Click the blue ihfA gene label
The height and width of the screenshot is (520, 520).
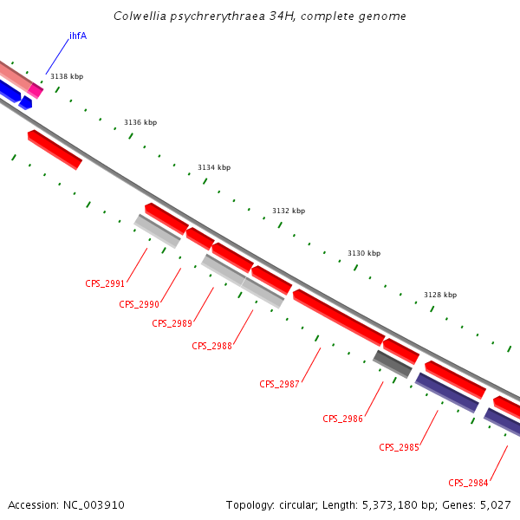click(x=78, y=36)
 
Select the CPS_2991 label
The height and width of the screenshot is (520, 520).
click(x=105, y=283)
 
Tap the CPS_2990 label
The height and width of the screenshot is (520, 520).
click(x=140, y=304)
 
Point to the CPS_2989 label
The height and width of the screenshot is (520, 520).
click(x=172, y=323)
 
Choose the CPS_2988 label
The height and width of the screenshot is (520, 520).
click(x=212, y=346)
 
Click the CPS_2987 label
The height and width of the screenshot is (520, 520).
click(x=279, y=384)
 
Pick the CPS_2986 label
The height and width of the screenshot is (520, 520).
click(x=343, y=419)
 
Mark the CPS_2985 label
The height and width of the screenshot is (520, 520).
click(x=399, y=447)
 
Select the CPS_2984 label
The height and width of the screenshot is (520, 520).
click(x=468, y=483)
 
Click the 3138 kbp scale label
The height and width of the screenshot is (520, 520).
click(x=67, y=77)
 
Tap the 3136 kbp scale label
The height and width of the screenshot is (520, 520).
click(x=140, y=122)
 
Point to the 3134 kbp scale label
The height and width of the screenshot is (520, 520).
click(x=214, y=167)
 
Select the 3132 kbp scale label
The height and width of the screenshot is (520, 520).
click(x=289, y=211)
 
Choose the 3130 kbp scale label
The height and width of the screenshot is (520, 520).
click(x=364, y=253)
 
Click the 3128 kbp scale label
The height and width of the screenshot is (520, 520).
click(x=440, y=295)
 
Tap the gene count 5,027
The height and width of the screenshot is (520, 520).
click(x=495, y=504)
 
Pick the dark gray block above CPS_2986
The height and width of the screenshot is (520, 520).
click(x=393, y=364)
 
